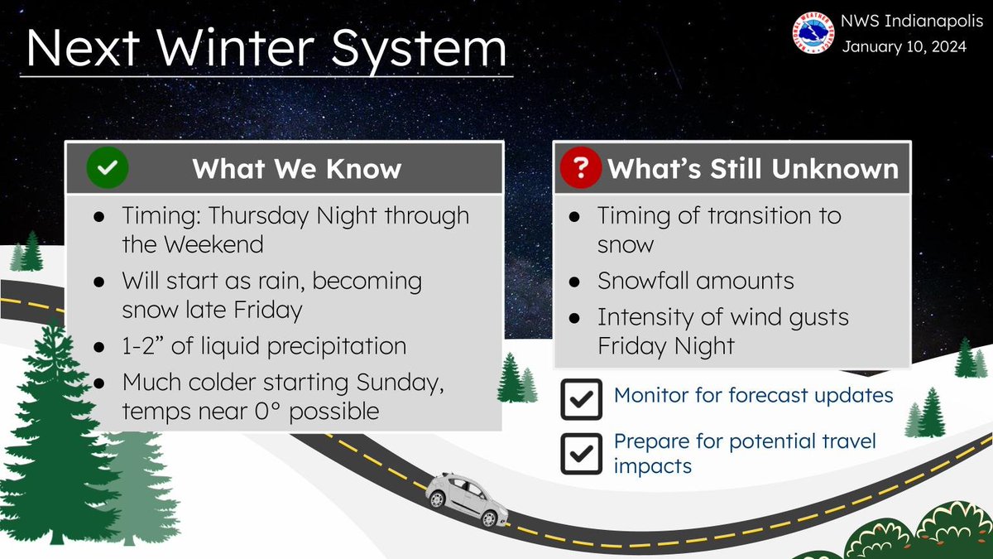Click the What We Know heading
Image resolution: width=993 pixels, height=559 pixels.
296,169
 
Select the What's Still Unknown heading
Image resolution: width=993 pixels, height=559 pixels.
753,169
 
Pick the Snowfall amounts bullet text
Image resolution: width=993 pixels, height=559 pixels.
695,281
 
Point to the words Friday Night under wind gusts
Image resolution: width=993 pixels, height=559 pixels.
666,345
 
